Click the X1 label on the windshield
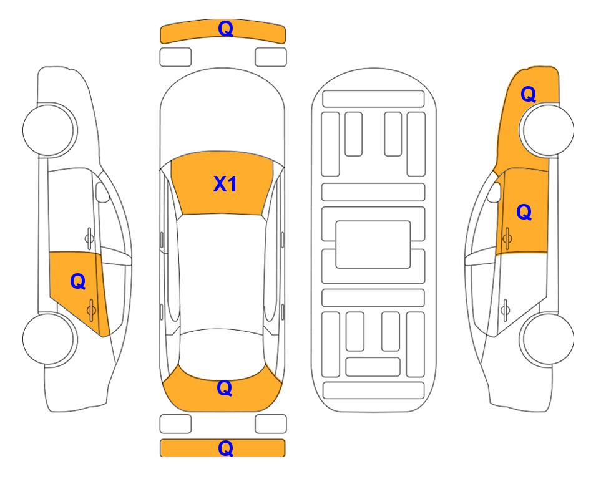coord(225,184)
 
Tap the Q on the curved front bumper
coord(225,29)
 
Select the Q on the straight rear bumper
coord(225,448)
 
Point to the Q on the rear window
coord(224,388)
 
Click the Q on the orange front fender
coord(528,94)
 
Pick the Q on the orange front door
coord(524,212)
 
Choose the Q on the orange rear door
coord(78,282)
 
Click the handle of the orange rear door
coord(91,310)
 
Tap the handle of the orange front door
coord(507,238)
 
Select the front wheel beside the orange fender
coord(546,130)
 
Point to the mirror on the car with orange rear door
coord(102,192)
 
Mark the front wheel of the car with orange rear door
coord(50,130)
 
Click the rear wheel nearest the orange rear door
coord(50,339)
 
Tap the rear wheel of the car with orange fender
coord(546,339)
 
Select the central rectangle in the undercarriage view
coord(373,244)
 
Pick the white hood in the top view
coord(222,111)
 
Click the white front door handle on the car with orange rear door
coord(89,238)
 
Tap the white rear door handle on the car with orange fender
coord(506,310)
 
